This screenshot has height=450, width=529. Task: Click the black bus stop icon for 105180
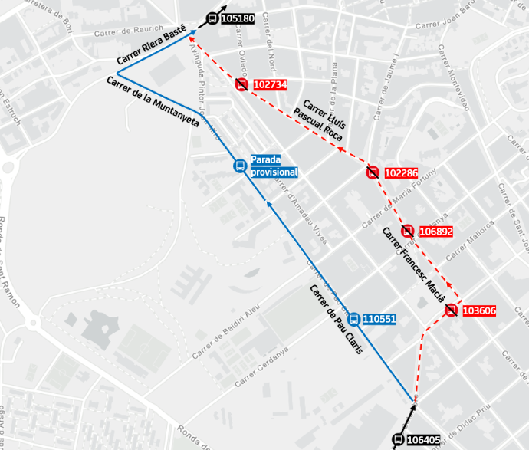click(x=212, y=19)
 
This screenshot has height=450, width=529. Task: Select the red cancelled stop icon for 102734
click(x=242, y=85)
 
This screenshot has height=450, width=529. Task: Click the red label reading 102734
click(x=269, y=85)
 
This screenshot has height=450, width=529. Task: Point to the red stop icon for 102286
click(x=373, y=172)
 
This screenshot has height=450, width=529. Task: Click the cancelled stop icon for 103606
click(x=451, y=310)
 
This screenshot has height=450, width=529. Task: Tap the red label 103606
click(x=480, y=310)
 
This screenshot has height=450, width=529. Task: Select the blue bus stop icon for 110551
click(x=353, y=319)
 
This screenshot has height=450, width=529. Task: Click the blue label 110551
click(x=379, y=319)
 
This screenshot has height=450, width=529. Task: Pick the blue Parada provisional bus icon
click(x=239, y=166)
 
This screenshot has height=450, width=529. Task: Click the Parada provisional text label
click(x=274, y=166)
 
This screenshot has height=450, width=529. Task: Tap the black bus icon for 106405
click(x=398, y=440)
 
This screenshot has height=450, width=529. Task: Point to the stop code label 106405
click(x=423, y=440)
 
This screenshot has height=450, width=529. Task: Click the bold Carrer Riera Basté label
click(x=152, y=49)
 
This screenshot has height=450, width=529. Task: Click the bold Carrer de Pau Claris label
click(x=336, y=320)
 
